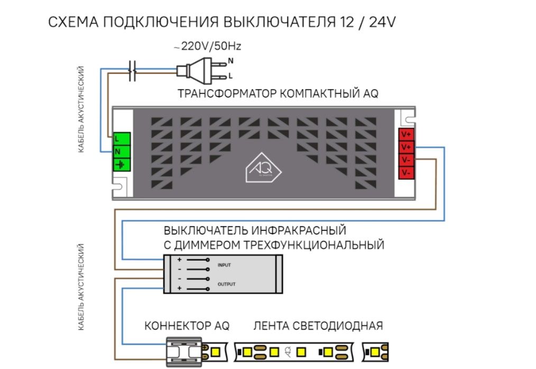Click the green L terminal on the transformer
point(121,139)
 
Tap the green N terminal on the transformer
point(121,152)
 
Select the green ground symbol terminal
point(121,164)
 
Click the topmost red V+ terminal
point(406,134)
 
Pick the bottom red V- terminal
point(406,172)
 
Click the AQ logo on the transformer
point(263,169)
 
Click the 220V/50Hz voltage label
point(207,47)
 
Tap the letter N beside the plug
point(230,61)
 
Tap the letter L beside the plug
point(230,76)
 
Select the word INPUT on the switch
point(224,264)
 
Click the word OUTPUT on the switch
point(226,284)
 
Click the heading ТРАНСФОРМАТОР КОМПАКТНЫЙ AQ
point(278,94)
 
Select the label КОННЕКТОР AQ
point(187,326)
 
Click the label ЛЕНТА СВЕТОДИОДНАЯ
point(318,326)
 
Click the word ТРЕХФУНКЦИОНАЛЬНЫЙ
point(314,245)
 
